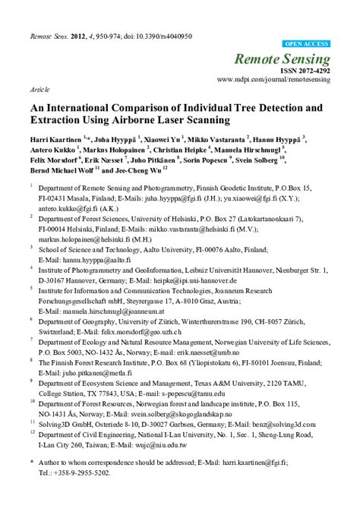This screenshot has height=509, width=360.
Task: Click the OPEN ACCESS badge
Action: (305, 45)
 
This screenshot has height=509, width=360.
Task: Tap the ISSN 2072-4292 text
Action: (302, 70)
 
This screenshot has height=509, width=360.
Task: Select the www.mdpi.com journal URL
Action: (273, 79)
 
